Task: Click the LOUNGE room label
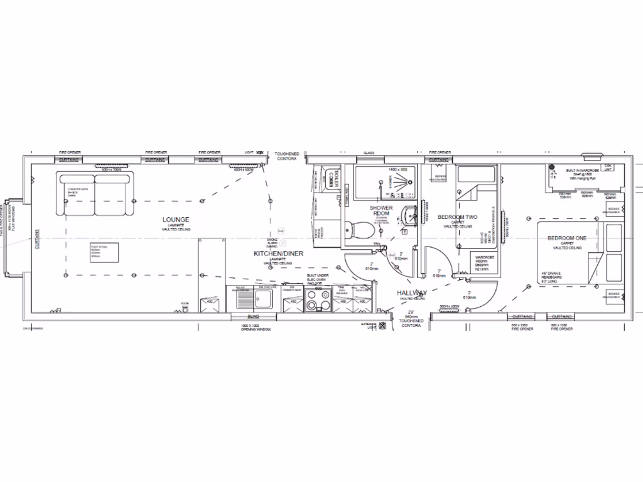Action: tap(176, 220)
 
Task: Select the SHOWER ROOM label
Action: tap(381, 211)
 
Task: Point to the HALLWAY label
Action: tap(411, 293)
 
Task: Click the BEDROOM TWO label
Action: tap(457, 217)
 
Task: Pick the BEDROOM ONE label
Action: tap(567, 238)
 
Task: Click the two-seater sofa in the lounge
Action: tap(95, 187)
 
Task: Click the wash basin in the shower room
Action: tap(409, 215)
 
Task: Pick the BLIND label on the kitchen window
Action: tap(254, 317)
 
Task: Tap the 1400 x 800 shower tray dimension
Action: tap(397, 170)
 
